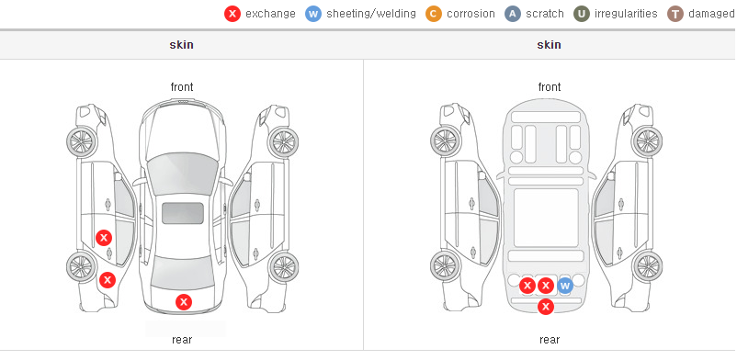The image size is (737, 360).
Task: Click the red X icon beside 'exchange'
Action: [x=232, y=14]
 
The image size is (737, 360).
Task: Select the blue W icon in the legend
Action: [x=313, y=14]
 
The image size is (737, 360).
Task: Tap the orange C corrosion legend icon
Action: [x=434, y=14]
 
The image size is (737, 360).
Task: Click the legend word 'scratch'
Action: [x=545, y=14]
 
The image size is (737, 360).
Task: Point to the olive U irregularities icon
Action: [x=582, y=14]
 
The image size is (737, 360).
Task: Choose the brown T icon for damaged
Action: [x=675, y=14]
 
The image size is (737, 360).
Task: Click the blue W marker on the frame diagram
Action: [x=565, y=286]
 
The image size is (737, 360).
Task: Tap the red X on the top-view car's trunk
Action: [x=184, y=302]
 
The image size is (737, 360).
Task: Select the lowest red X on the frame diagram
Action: [x=546, y=307]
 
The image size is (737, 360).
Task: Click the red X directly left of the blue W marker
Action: [x=546, y=286]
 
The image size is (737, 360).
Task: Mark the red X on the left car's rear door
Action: [x=104, y=238]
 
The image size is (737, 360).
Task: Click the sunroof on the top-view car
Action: [x=183, y=213]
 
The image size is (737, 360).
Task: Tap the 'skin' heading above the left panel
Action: [x=181, y=45]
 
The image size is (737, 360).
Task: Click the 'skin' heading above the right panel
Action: [x=549, y=45]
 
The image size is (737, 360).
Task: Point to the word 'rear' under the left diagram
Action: [x=182, y=340]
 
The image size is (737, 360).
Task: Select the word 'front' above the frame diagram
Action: [x=550, y=87]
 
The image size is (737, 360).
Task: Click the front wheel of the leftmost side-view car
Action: [x=83, y=141]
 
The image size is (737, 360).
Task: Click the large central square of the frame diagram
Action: [x=546, y=218]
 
